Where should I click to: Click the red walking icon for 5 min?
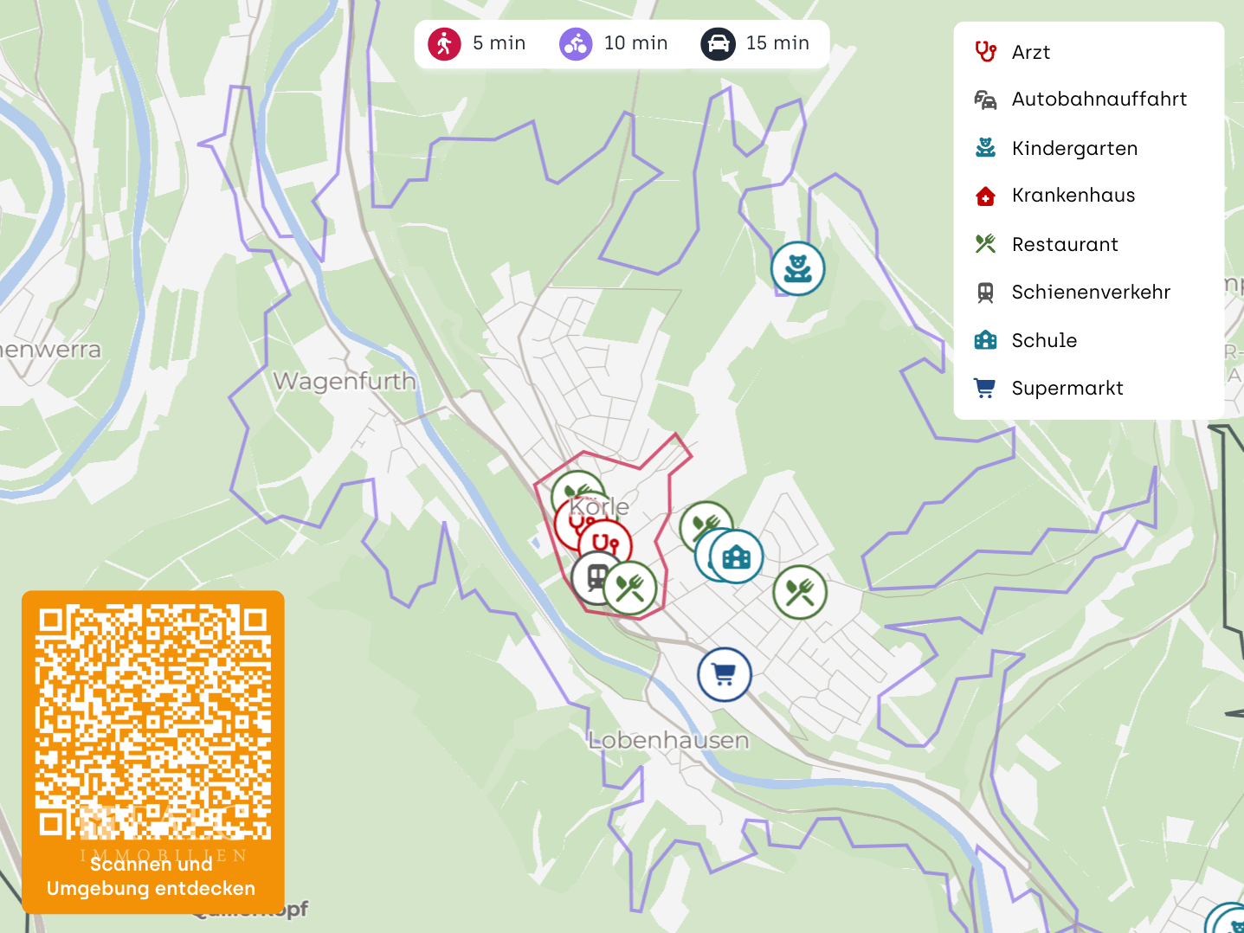(444, 43)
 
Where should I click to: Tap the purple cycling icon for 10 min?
(576, 43)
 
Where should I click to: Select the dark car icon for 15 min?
(718, 43)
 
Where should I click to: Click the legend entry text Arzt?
(1030, 53)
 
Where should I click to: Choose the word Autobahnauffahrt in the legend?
(1099, 100)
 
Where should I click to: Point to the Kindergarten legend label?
(1074, 149)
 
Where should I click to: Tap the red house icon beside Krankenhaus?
(985, 196)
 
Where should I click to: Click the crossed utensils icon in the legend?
(985, 244)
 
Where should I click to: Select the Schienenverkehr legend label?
(1091, 293)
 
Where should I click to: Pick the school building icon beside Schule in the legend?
(985, 340)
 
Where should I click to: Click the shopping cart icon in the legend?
(985, 389)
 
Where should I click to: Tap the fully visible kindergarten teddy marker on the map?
(797, 268)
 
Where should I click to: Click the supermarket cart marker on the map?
(725, 674)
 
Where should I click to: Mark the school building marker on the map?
(737, 557)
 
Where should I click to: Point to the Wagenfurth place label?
(345, 381)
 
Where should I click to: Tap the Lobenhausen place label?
(668, 741)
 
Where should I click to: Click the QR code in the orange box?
(153, 722)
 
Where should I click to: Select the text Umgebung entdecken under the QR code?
(151, 889)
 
